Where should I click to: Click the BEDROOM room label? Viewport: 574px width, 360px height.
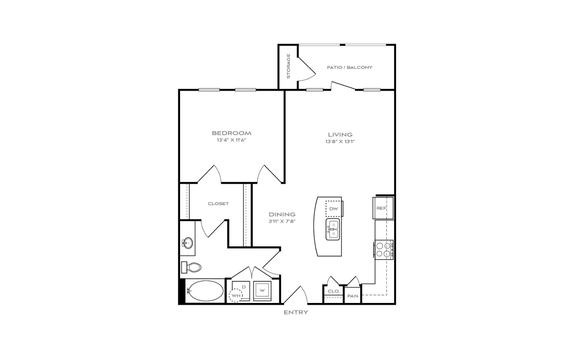(231, 133)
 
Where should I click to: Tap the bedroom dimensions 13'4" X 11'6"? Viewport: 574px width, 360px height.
(231, 140)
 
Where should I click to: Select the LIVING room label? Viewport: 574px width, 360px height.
(340, 134)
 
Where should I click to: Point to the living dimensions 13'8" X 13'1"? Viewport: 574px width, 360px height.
(340, 141)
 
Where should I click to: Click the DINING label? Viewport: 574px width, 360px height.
(282, 214)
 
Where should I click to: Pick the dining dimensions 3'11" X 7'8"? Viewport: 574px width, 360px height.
(282, 221)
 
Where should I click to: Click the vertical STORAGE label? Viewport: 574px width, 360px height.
(288, 66)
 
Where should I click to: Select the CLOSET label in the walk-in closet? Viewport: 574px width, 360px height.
(218, 204)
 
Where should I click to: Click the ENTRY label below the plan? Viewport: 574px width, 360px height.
(296, 312)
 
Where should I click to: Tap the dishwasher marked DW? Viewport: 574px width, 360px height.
(334, 209)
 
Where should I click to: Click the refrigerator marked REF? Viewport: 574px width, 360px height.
(383, 208)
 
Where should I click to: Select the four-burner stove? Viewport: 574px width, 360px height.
(384, 250)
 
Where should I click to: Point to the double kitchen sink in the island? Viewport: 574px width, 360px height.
(333, 229)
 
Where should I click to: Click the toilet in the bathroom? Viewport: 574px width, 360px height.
(191, 267)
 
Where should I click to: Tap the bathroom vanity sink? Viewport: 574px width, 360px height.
(187, 243)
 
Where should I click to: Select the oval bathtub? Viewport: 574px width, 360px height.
(204, 291)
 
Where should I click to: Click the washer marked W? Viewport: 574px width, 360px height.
(262, 291)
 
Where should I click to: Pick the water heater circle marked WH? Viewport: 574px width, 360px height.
(236, 295)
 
